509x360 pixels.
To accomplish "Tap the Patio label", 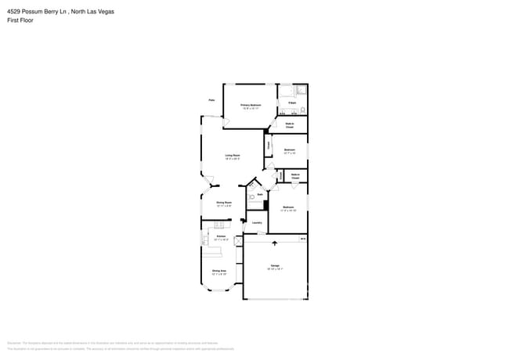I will point(211,100).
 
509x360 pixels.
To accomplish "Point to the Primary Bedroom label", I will point(251,106).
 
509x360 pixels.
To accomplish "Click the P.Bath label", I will point(291,103).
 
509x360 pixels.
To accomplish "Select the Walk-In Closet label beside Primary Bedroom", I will point(290,124).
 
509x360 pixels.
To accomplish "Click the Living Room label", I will point(233,156).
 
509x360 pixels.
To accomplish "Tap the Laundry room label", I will point(256,223).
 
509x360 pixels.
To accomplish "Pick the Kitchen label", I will point(221,236).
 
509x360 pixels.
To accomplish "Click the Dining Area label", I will point(218,272).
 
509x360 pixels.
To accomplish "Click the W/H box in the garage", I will point(303,238).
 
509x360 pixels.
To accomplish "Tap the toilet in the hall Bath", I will point(251,187).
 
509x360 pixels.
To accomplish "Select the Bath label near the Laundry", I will point(260,194).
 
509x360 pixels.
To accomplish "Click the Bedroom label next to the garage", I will point(288,208).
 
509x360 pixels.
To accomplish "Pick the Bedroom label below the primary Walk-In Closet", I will point(289,150).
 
